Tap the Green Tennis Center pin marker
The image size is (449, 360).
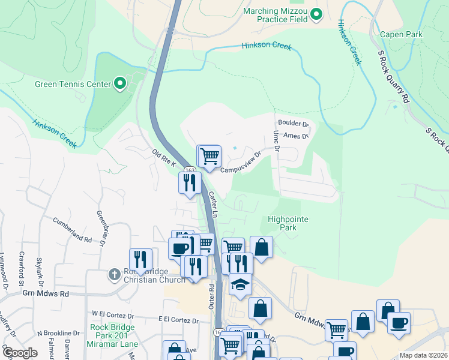pos(119,84)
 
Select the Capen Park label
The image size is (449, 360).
pos(401,34)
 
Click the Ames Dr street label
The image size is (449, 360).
pos(295,136)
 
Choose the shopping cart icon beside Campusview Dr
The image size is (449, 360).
pos(209,157)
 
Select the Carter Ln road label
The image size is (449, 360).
pos(212,204)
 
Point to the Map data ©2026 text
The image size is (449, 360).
pos(424,355)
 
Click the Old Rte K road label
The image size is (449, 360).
pos(163,160)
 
